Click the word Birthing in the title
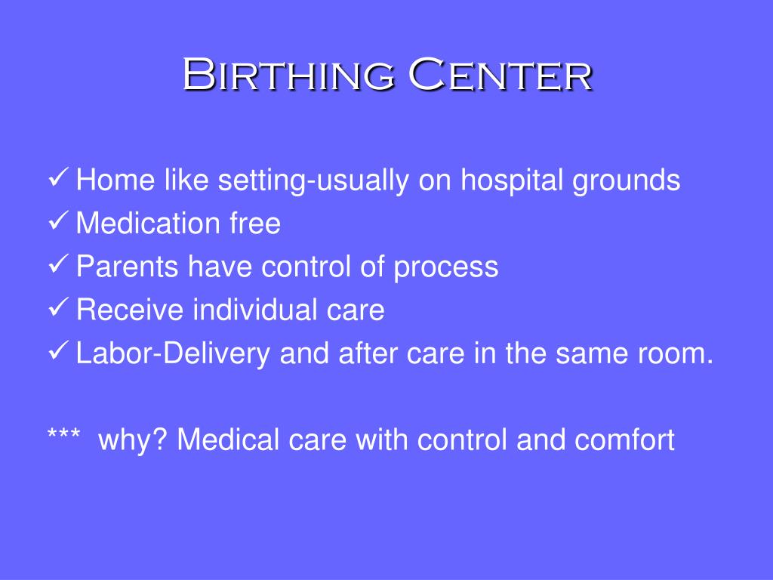point(288,74)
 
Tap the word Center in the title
point(501,74)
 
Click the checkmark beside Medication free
point(58,221)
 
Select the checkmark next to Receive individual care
point(58,308)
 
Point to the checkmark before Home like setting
point(58,177)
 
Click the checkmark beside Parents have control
point(58,264)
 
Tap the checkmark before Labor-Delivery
point(58,351)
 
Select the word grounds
point(626,180)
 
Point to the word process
point(445,269)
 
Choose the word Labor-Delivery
point(173,354)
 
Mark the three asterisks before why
point(64,434)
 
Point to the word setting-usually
point(313,180)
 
